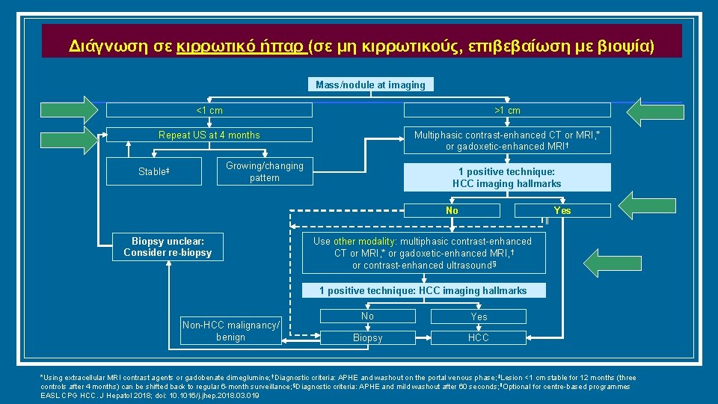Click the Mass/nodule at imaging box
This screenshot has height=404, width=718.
click(x=370, y=85)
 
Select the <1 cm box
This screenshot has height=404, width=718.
click(x=209, y=111)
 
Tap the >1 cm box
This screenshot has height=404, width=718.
click(x=507, y=111)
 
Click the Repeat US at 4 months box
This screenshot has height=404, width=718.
click(x=209, y=135)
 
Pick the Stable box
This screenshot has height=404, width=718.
click(x=154, y=171)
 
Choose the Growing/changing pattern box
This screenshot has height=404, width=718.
click(x=264, y=171)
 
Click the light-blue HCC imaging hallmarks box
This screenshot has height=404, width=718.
click(x=506, y=177)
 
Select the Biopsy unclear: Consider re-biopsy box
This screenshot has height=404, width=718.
click(x=168, y=247)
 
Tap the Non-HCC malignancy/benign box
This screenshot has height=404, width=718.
click(x=230, y=331)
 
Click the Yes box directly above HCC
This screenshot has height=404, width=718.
click(x=479, y=316)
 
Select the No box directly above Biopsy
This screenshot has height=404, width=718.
click(x=367, y=316)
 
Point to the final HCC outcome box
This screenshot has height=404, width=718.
click(x=479, y=338)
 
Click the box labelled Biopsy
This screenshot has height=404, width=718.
click(x=367, y=338)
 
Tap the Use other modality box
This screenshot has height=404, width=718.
click(x=423, y=253)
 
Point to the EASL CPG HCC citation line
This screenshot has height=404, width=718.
click(x=150, y=395)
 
